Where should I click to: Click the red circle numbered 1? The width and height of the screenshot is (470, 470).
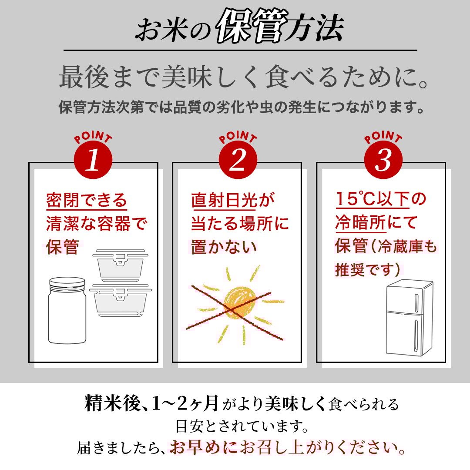(93, 160)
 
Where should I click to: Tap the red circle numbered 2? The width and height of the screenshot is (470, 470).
(238, 160)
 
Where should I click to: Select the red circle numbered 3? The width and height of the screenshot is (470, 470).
(383, 160)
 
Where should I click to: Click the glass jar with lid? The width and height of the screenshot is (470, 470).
(67, 311)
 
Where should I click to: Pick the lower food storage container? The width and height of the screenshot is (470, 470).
(121, 300)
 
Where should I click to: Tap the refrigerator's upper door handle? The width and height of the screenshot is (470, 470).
(416, 302)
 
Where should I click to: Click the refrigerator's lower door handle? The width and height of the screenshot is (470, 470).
(416, 335)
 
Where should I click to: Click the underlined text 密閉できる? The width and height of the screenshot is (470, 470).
(87, 200)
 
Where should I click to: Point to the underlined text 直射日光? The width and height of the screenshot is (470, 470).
(224, 200)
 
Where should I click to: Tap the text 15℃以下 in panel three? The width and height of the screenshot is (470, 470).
(372, 199)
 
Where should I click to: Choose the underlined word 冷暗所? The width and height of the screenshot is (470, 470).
(360, 223)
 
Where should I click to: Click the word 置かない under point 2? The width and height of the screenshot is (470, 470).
(224, 247)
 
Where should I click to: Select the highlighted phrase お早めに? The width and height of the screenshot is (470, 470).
(204, 447)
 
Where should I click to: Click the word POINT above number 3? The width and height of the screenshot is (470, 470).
(383, 137)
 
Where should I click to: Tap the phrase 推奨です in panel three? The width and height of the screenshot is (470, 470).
(367, 269)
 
